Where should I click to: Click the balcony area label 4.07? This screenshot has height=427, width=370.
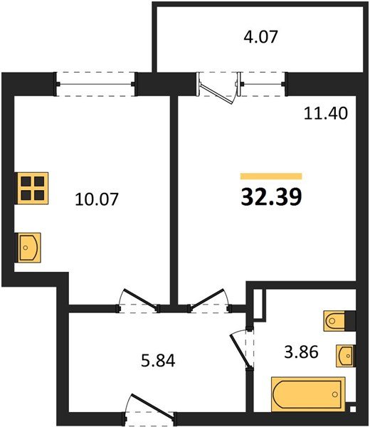(x=260, y=37)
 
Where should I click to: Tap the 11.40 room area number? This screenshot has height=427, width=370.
(x=326, y=113)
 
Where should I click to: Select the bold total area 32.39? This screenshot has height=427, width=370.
(x=271, y=197)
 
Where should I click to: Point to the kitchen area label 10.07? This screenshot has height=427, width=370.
(x=97, y=199)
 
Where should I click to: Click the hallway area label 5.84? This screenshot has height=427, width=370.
(x=158, y=360)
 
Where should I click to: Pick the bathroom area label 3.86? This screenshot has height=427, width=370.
(x=301, y=352)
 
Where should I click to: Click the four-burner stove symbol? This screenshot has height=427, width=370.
(x=31, y=188)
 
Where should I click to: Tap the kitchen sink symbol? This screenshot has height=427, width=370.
(x=28, y=248)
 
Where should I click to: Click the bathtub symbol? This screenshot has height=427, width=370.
(x=308, y=394)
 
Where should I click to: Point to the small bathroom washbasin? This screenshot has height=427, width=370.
(x=346, y=356)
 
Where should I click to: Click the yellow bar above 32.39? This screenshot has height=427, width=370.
(x=271, y=176)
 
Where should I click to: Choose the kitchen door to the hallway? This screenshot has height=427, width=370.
(x=139, y=300)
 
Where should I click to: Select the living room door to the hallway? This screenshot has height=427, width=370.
(x=209, y=300)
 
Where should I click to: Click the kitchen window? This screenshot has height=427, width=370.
(x=95, y=84)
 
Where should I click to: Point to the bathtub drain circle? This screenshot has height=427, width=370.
(x=335, y=394)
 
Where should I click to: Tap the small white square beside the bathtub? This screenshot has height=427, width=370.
(x=353, y=409)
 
